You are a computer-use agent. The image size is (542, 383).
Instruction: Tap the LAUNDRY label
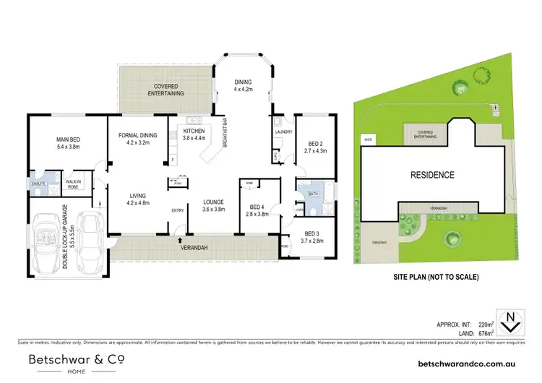283,132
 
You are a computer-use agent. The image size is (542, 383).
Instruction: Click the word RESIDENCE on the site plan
432,175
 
